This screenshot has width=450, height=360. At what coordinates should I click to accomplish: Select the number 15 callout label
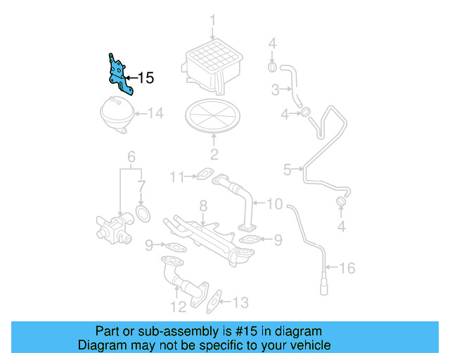tap(146, 78)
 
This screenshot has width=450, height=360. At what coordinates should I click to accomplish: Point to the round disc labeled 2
tap(213, 117)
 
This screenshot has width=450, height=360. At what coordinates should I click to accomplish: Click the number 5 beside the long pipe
tap(287, 169)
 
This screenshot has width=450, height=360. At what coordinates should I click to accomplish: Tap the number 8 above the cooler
tap(202, 206)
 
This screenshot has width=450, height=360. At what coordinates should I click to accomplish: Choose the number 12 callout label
tap(178, 306)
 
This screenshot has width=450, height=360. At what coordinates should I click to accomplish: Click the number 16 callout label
tap(347, 268)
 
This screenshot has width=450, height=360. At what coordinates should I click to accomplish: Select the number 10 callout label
tap(274, 205)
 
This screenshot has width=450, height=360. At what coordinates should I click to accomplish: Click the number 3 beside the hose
tap(276, 89)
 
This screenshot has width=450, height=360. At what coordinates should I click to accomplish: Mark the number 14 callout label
tap(154, 112)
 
